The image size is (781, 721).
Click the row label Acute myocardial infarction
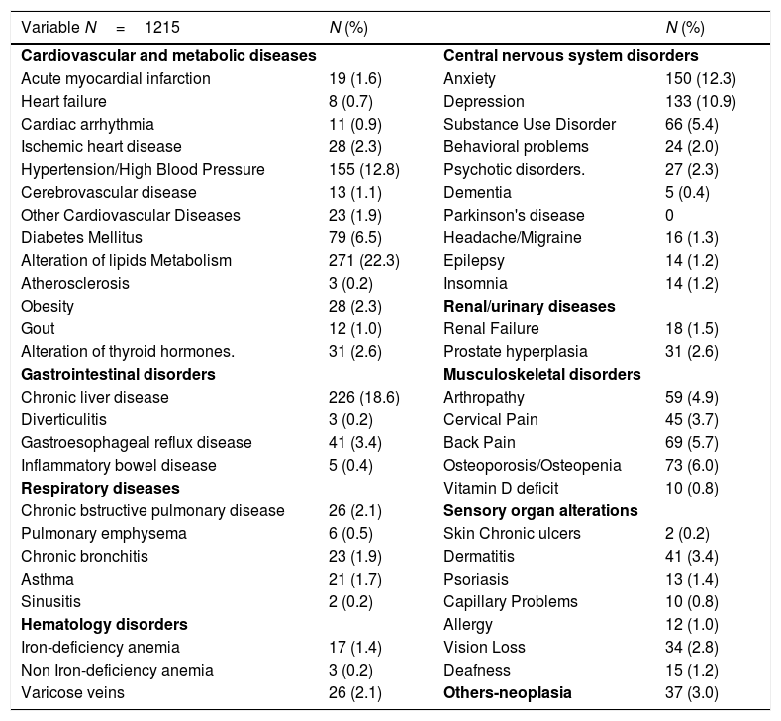point(115,78)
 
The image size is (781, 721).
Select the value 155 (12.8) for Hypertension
point(363,169)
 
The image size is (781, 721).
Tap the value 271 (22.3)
point(363,260)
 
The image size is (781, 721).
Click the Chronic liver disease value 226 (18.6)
point(363,397)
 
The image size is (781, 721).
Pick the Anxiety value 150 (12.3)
point(701,78)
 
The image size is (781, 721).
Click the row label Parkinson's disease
point(514,215)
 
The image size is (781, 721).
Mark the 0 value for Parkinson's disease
point(669,215)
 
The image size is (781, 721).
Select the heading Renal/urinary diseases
point(530,306)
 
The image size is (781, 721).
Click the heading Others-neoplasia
point(508,692)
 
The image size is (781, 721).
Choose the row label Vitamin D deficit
point(501,488)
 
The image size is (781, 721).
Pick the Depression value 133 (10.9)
point(701,101)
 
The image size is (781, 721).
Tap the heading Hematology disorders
point(105,624)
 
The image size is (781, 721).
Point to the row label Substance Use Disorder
point(530,124)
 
